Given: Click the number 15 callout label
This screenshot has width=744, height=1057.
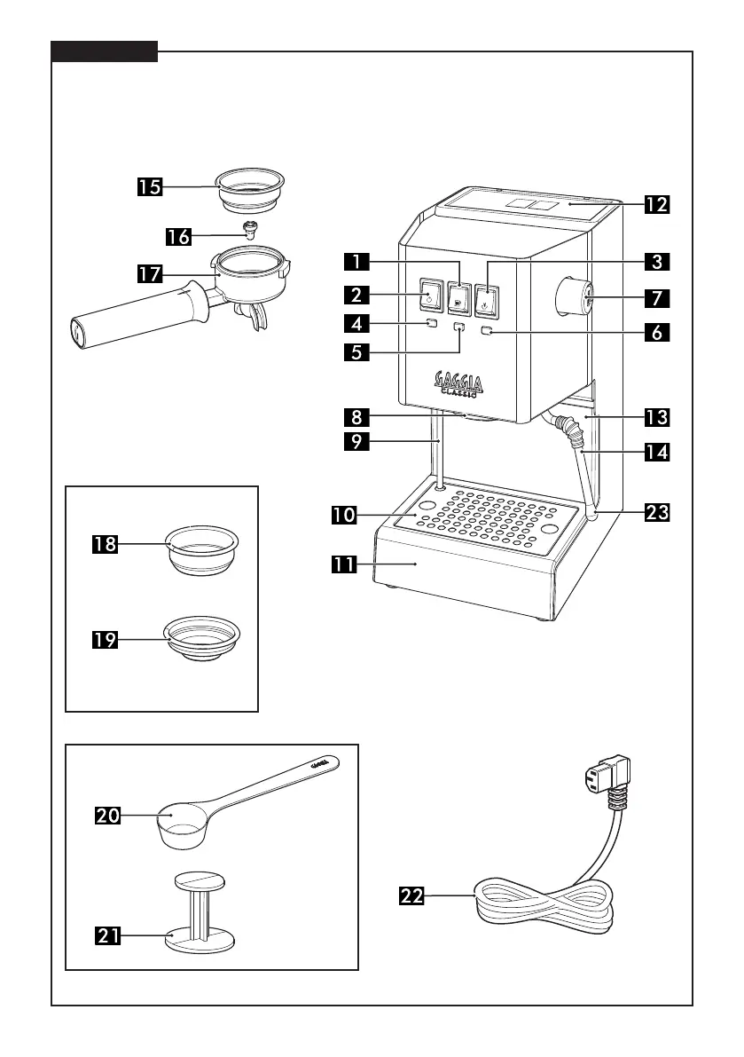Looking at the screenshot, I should [150, 187].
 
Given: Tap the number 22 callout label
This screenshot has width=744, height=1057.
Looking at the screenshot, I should [411, 896].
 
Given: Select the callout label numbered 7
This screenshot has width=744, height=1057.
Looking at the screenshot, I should [656, 296].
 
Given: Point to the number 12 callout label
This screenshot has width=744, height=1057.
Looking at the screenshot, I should [656, 205].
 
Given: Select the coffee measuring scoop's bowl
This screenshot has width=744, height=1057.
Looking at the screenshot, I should [179, 824].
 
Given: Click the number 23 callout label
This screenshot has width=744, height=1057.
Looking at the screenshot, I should [656, 512].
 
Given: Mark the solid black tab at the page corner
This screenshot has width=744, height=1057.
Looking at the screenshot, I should [104, 51].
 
